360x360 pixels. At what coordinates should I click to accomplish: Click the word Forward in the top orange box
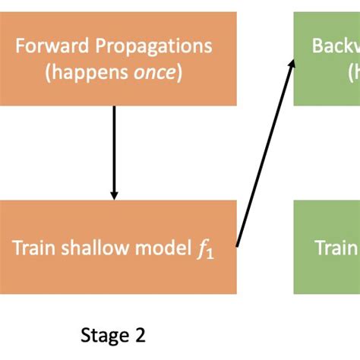tap(49, 46)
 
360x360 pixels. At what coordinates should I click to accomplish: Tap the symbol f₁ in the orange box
tap(204, 248)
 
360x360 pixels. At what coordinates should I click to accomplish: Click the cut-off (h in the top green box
tap(353, 74)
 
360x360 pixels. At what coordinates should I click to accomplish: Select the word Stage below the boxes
tap(103, 334)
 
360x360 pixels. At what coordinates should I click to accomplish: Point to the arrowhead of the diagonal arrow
tap(291, 64)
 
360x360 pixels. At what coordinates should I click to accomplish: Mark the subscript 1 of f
tap(210, 252)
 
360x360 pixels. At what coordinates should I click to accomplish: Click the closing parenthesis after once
tap(179, 74)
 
